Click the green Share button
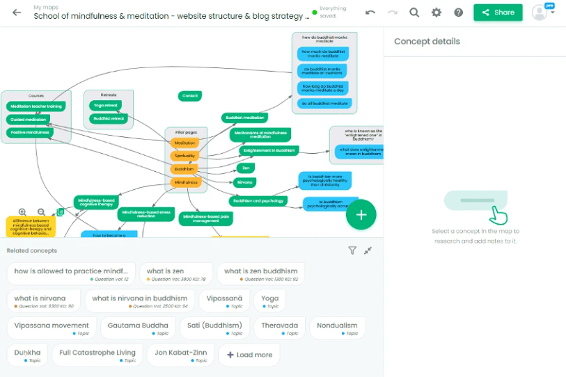point(497,12)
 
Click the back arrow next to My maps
point(17,12)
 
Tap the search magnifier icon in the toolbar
point(414,12)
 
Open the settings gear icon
point(437,12)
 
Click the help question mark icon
point(459,12)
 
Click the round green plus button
point(361,215)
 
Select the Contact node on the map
point(189,96)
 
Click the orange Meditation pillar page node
point(185,143)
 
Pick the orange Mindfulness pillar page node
point(186,182)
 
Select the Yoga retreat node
point(105,106)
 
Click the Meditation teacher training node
point(37,106)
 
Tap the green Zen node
point(245,168)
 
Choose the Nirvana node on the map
point(244,182)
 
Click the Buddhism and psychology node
point(258,201)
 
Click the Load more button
point(249,355)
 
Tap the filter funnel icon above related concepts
point(352,250)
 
